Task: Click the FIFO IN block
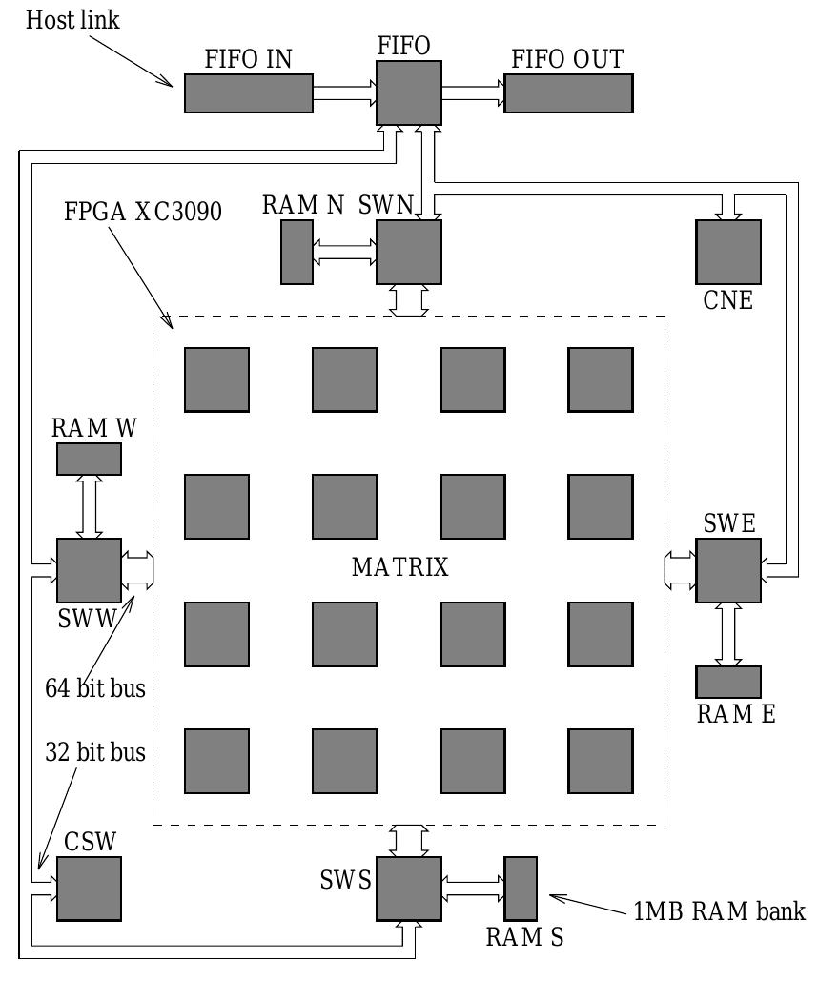[x=248, y=93]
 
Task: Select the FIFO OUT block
[x=568, y=93]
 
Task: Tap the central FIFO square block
[x=409, y=93]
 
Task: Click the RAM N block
[x=297, y=252]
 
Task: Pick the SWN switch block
[x=409, y=252]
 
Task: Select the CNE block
[x=728, y=252]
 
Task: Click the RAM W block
[x=89, y=459]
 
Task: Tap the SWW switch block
[x=89, y=570]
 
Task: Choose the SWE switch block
[x=728, y=570]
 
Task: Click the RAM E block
[x=728, y=681]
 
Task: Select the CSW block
[x=89, y=889]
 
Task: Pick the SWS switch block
[x=409, y=889]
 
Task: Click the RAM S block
[x=521, y=889]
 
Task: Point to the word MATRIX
[x=399, y=568]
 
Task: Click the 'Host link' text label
[x=72, y=20]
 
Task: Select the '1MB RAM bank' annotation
[x=719, y=910]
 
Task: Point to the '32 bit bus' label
[x=94, y=752]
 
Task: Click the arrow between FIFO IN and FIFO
[x=344, y=93]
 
